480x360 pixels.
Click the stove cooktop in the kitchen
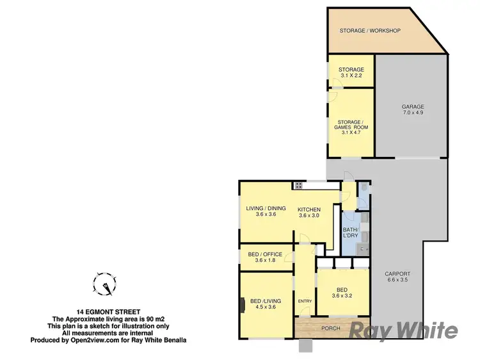298,186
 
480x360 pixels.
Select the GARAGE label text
413,106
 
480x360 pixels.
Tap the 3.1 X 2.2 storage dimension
352,76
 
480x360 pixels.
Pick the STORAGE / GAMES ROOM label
351,124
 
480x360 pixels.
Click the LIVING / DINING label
266,208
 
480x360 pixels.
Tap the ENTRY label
305,302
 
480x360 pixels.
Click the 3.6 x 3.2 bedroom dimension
343,295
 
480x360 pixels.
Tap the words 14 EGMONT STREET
102,312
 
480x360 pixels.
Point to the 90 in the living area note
141,319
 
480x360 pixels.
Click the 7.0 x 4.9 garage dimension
413,113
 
